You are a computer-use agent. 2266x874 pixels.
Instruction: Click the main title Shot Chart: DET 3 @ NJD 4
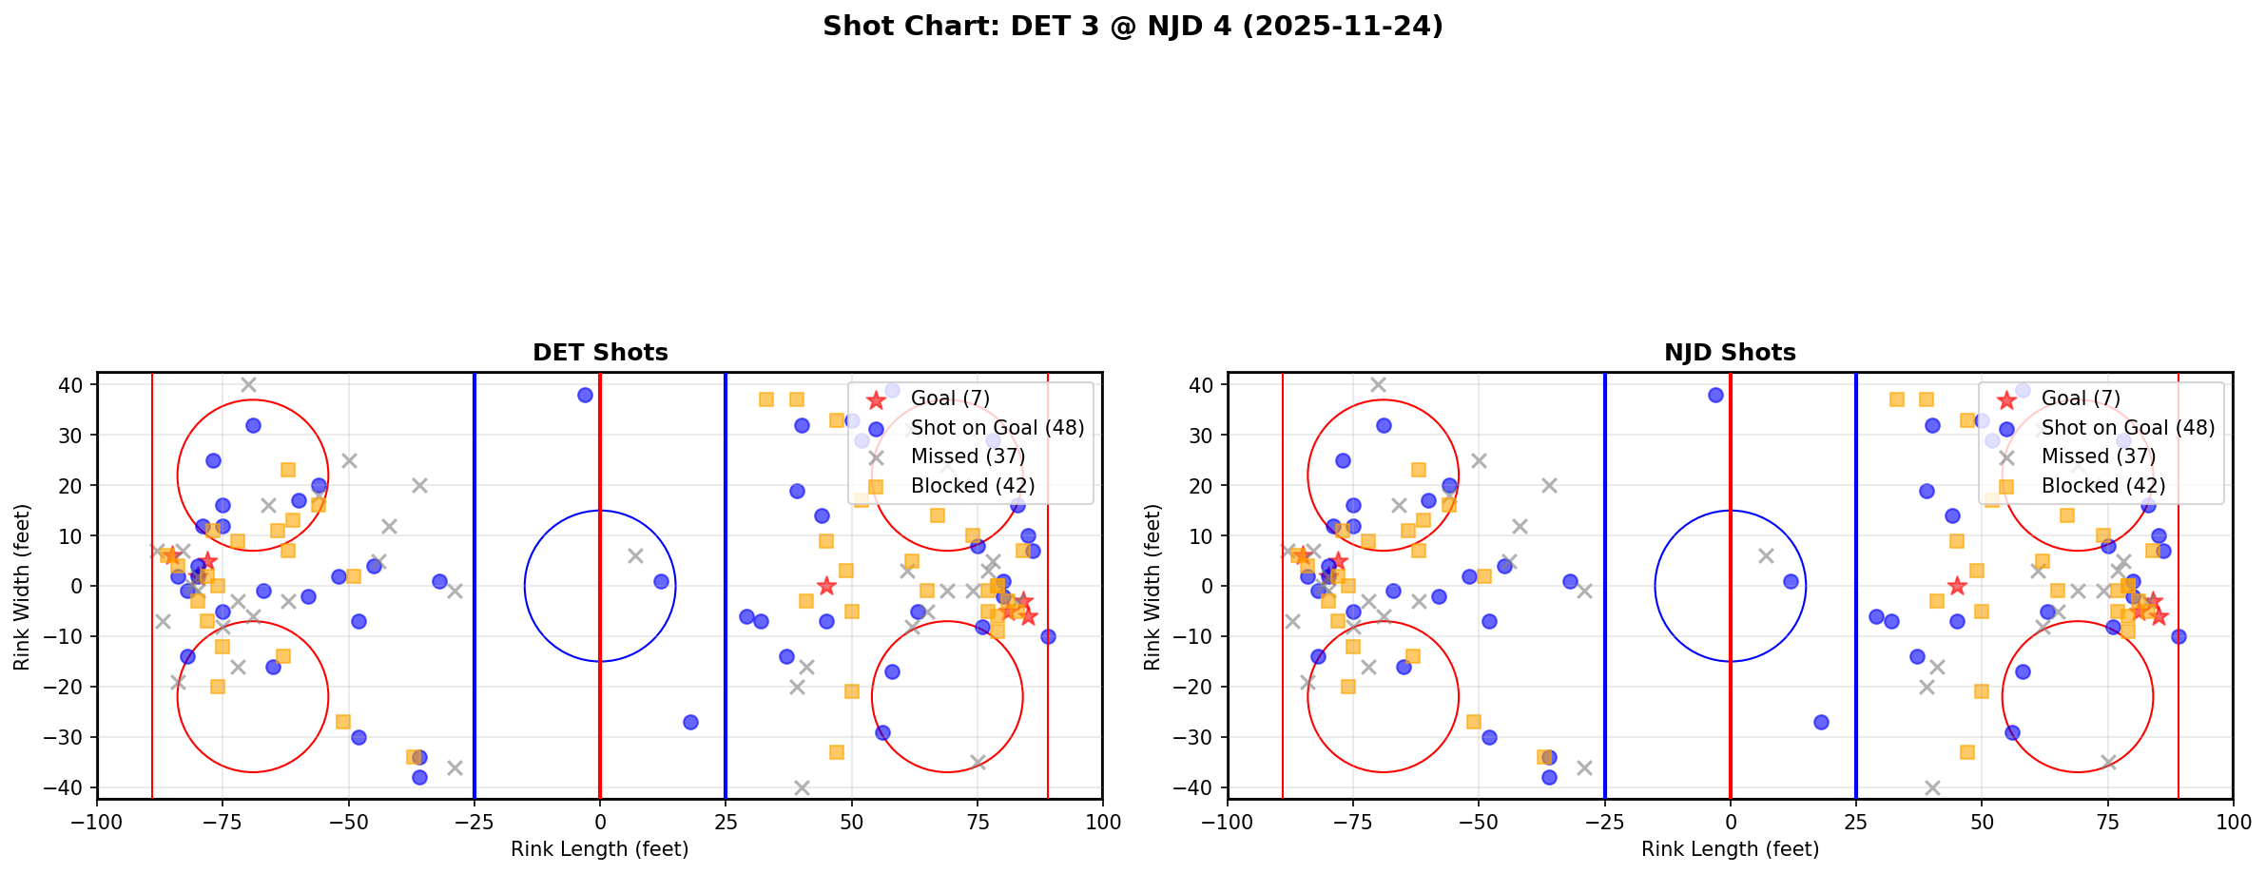coord(1133,27)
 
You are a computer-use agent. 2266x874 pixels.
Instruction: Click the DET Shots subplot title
coord(600,353)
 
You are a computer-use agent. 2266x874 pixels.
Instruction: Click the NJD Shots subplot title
coord(1730,353)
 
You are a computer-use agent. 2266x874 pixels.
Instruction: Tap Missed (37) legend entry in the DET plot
coord(967,456)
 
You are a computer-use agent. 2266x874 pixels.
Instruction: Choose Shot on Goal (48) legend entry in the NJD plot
coord(2128,428)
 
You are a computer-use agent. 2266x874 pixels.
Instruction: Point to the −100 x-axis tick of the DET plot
coord(97,822)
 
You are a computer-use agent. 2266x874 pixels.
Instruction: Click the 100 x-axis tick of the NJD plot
coord(2232,822)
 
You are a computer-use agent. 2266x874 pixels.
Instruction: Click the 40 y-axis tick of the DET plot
coord(71,385)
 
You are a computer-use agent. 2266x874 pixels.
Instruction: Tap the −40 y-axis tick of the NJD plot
coord(1197,787)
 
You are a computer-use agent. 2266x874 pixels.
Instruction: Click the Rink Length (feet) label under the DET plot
coord(600,849)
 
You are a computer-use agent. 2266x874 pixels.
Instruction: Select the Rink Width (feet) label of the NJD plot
coord(1152,587)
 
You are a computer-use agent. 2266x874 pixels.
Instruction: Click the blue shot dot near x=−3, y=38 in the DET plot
coord(585,395)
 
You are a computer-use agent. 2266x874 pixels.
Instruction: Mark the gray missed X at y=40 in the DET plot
coord(248,384)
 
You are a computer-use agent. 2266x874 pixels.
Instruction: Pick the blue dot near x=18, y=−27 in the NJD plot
coord(1821,722)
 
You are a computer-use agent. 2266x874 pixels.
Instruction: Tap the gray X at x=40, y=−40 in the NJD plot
coord(1931,787)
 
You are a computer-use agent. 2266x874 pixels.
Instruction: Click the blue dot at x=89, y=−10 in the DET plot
coord(1048,636)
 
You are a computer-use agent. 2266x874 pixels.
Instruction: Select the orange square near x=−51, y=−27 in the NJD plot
coord(1473,722)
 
